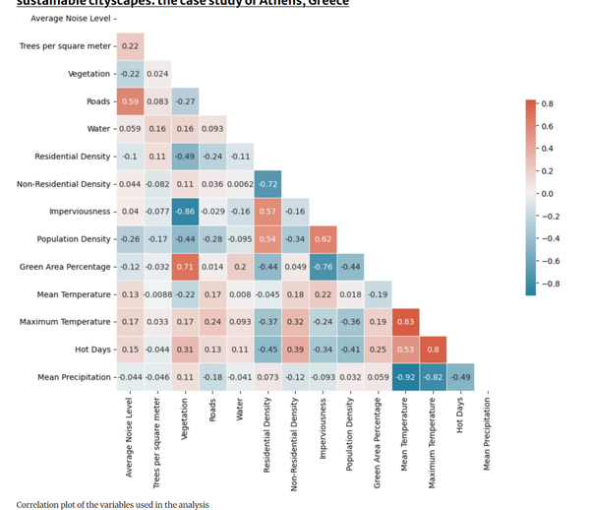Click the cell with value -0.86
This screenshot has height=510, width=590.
coord(185,211)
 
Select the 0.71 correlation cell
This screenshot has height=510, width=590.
coord(185,266)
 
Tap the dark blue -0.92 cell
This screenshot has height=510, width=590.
coord(404,376)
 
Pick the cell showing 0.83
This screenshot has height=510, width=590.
coord(404,321)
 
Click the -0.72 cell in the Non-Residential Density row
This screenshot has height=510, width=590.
coord(266,183)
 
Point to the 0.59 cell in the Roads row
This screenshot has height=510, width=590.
coord(130,100)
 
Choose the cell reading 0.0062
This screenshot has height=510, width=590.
coord(239,183)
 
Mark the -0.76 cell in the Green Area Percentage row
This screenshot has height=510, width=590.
coord(322,266)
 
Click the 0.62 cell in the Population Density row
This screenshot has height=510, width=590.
coord(322,238)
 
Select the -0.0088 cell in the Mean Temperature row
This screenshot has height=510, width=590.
coord(157,293)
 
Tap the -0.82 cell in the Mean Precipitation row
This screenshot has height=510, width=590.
coord(432,376)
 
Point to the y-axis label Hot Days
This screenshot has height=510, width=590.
coord(92,350)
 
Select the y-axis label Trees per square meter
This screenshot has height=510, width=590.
coord(65,46)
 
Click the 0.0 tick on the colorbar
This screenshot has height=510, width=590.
coord(548,194)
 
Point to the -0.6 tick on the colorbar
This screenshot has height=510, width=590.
coord(550,260)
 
